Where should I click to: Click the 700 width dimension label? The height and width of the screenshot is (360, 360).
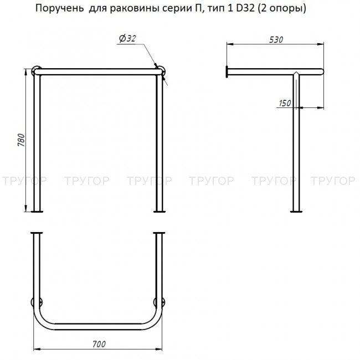(x=99, y=344)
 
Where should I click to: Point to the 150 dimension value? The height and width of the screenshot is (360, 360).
(x=285, y=104)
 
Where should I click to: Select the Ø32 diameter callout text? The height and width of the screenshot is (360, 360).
(x=127, y=38)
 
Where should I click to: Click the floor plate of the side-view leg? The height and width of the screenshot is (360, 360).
(x=297, y=211)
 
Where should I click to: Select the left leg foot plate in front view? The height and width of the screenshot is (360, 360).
(x=37, y=211)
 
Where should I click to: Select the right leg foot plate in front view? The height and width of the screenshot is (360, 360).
(x=160, y=211)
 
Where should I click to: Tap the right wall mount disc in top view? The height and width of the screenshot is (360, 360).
(x=162, y=302)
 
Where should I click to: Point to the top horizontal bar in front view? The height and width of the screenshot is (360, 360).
(x=99, y=71)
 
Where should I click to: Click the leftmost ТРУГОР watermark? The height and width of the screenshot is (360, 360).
(x=23, y=181)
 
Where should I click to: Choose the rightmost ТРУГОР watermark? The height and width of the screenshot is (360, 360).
(x=333, y=181)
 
